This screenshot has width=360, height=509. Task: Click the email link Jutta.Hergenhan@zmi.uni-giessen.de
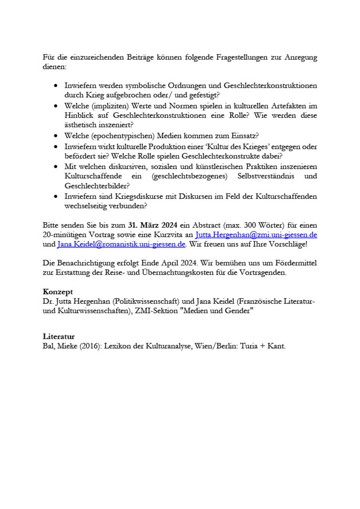tap(256, 235)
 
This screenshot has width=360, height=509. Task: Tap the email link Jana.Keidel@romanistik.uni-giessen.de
tap(121, 244)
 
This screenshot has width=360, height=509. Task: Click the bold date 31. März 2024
tap(153, 225)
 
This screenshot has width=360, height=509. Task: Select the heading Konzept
tap(58, 292)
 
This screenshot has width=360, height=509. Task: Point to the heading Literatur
tap(58, 336)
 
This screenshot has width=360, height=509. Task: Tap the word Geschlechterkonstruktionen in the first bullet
tap(270, 85)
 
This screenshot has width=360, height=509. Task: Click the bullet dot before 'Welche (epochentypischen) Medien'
tap(56, 136)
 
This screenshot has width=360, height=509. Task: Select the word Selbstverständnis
tap(266, 176)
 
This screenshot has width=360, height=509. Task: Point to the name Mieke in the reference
tap(67, 346)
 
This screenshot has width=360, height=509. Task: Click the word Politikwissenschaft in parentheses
tap(146, 301)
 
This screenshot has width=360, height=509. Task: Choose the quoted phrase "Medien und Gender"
tap(218, 310)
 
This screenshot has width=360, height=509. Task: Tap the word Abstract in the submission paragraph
tap(206, 225)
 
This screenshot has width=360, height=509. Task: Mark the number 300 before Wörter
tap(250, 225)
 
